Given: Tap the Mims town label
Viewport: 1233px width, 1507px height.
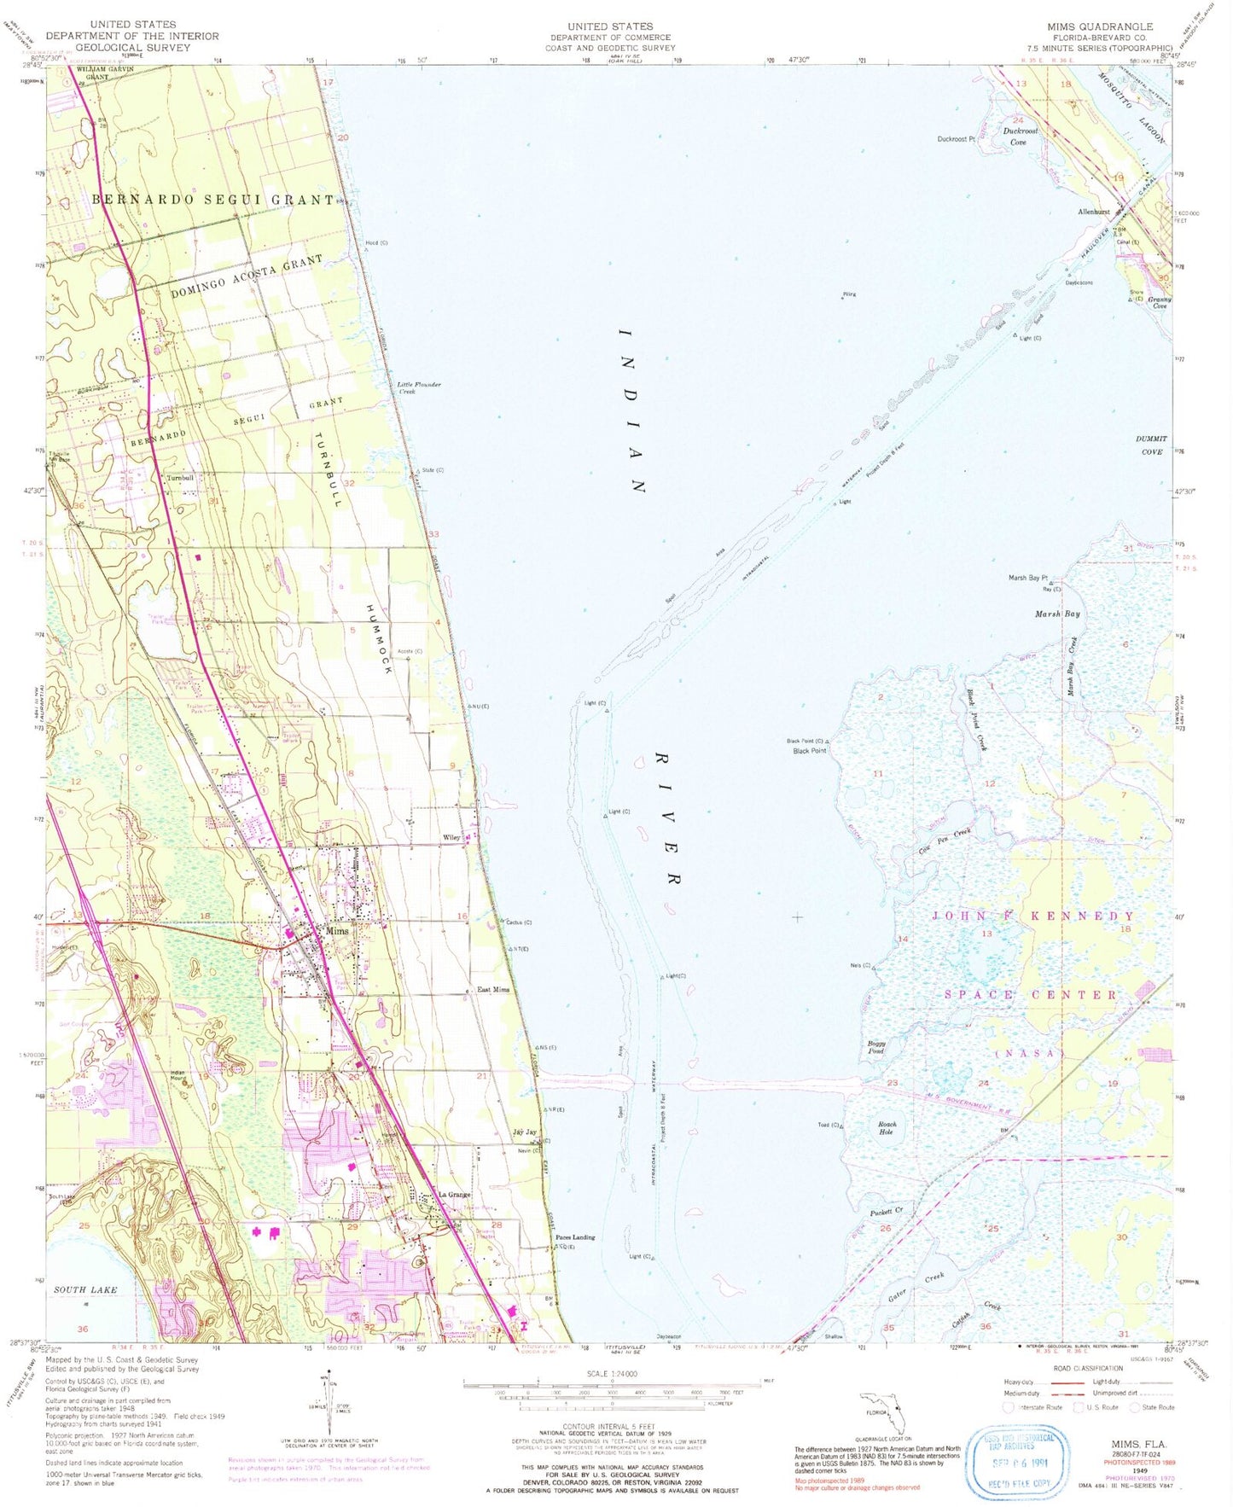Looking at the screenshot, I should (x=337, y=931).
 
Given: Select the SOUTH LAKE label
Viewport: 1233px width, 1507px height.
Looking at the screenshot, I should (x=85, y=1289).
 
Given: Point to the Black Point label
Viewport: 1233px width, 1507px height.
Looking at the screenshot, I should (x=809, y=751).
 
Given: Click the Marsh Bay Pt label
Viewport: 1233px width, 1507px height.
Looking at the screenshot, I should (x=1027, y=578).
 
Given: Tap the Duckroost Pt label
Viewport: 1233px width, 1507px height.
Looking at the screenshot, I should (x=956, y=138).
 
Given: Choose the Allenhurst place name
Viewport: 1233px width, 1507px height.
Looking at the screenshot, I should (x=1093, y=212).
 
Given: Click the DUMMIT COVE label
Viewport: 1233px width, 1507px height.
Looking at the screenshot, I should (x=1151, y=445).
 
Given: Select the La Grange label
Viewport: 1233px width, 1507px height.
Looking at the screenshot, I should (x=454, y=1194).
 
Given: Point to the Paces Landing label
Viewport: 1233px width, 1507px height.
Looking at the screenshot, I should (x=574, y=1236).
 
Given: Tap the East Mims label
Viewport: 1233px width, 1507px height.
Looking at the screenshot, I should (x=493, y=989).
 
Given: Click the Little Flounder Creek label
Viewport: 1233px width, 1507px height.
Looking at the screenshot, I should (x=418, y=387).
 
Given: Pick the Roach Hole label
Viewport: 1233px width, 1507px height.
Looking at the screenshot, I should (x=887, y=1127).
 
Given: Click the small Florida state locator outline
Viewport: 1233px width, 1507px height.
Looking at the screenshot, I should (x=884, y=1412).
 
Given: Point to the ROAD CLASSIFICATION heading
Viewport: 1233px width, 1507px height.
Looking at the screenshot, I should (x=1088, y=1368).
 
